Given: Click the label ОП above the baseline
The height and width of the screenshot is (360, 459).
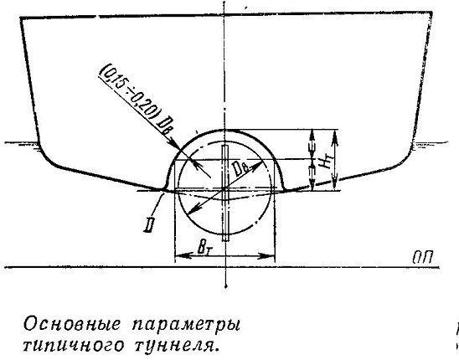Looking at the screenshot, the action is point(422,258).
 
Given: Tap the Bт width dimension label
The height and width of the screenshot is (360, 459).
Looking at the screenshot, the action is point(204,248).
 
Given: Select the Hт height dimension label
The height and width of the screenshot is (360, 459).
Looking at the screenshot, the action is point(325,161).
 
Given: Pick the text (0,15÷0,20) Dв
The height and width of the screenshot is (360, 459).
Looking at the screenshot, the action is point(136,100).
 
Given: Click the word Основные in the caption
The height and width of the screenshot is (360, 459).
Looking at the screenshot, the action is point(72,324).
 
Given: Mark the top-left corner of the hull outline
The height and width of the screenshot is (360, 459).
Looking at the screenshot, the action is point(20,18).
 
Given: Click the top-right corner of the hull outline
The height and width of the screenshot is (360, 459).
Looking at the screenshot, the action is point(432,13).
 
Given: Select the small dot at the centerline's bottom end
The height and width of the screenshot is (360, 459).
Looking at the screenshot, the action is point(225,286).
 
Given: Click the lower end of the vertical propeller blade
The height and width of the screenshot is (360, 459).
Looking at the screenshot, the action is point(225,240).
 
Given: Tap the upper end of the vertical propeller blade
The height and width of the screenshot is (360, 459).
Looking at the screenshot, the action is point(224,146).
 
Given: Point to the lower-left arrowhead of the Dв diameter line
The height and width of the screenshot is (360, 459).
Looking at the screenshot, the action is point(190,211).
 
